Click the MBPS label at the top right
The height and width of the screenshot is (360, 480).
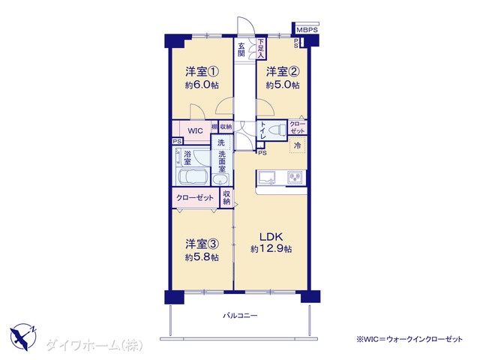point(307,30)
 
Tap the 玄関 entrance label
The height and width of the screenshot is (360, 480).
point(241,49)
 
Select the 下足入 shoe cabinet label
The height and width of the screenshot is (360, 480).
point(260,49)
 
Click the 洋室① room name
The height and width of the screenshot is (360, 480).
point(202,72)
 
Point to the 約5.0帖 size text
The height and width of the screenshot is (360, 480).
point(283,85)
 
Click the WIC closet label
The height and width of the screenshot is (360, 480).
point(195,131)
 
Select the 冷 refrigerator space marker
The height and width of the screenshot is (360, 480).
point(297,145)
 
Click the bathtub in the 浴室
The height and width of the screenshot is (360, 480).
point(193,177)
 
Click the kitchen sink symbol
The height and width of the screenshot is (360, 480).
point(267,177)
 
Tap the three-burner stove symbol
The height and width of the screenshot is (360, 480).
point(295,177)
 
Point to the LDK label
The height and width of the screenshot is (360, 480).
point(271,237)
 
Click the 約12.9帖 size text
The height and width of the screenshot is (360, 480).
point(271,249)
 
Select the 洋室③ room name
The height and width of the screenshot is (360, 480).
point(202,244)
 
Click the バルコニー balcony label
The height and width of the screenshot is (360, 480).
point(240,315)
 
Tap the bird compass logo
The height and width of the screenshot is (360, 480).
point(23,337)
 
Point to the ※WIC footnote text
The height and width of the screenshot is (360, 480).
point(409,339)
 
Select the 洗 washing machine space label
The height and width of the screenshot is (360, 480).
point(221,142)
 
